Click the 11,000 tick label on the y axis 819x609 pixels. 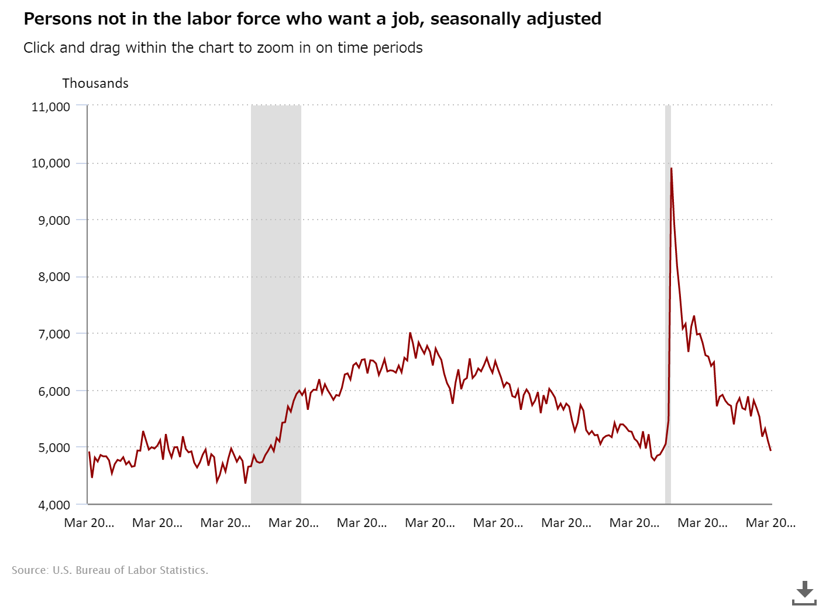pyautogui.click(x=50, y=107)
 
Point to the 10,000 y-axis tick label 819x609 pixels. pyautogui.click(x=50, y=163)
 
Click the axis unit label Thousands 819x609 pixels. pyautogui.click(x=95, y=83)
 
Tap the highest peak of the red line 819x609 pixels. pyautogui.click(x=671, y=169)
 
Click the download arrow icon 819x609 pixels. pyautogui.click(x=804, y=592)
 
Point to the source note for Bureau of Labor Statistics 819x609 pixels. pyautogui.click(x=110, y=570)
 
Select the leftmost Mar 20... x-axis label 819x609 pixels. pyautogui.click(x=89, y=523)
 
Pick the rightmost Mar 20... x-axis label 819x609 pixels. pyautogui.click(x=770, y=523)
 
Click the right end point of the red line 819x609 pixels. pyautogui.click(x=770, y=450)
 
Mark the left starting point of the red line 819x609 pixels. pyautogui.click(x=89, y=452)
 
